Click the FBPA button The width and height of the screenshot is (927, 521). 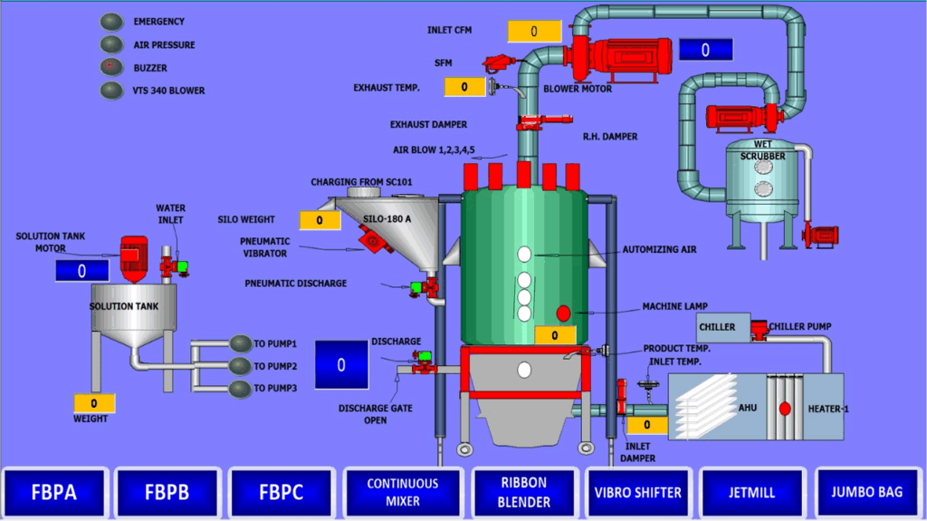(56, 494)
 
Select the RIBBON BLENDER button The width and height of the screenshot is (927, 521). (524, 493)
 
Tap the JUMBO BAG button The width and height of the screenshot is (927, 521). (866, 493)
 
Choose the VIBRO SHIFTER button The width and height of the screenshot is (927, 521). (637, 493)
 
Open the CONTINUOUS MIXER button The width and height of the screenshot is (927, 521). (402, 493)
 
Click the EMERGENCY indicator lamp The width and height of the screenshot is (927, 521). (112, 21)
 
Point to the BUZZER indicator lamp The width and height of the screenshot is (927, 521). (112, 66)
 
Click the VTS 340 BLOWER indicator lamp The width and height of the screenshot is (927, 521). (112, 90)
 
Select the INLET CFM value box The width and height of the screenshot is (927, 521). (534, 31)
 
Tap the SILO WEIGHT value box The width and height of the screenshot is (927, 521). (320, 220)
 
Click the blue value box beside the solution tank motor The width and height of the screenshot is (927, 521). (81, 270)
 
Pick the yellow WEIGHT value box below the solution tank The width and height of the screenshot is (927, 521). (94, 403)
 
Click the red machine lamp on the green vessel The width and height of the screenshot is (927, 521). (563, 314)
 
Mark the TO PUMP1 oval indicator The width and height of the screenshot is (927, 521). (241, 343)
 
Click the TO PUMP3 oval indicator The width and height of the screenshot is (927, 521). (241, 389)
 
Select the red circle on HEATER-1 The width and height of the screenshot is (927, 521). (785, 408)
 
